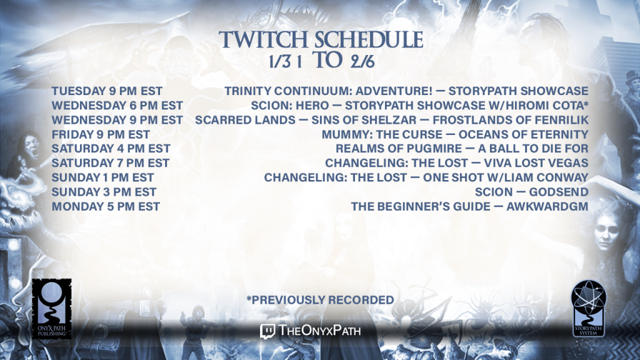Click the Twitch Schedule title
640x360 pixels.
(x=321, y=39)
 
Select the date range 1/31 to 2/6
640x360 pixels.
(x=322, y=61)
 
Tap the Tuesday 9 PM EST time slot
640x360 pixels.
(x=107, y=91)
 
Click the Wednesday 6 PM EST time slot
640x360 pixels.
(x=117, y=105)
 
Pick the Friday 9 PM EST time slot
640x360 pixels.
(x=101, y=134)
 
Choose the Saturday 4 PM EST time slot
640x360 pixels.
(x=111, y=149)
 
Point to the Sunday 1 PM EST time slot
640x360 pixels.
(x=103, y=177)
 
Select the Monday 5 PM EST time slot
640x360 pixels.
(x=106, y=206)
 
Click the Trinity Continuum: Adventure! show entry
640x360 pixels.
(x=406, y=91)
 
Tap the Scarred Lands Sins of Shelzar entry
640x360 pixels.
(x=392, y=120)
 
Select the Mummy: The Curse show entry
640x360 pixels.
(x=455, y=134)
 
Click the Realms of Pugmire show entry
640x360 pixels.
(x=462, y=149)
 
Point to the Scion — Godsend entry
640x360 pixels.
(x=531, y=192)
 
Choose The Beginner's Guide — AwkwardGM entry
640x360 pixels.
(x=470, y=206)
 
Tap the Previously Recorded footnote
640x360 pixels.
(x=320, y=300)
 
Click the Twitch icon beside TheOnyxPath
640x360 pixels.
(x=267, y=331)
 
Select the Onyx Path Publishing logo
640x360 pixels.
(x=52, y=309)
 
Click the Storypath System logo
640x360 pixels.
(x=589, y=309)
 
